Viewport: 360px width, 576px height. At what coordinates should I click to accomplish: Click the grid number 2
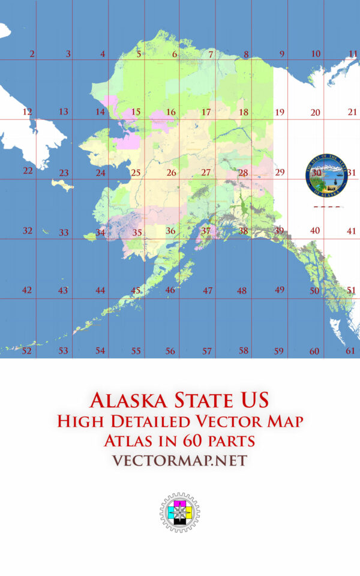(x=32, y=54)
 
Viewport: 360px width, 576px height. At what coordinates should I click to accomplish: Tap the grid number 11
(x=353, y=54)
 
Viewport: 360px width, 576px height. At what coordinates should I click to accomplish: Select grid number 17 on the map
(x=206, y=112)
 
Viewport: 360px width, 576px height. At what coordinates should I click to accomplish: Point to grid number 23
(x=64, y=173)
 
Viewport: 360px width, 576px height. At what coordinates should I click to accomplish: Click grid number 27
(x=206, y=172)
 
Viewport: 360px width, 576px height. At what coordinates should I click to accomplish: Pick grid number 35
(x=137, y=232)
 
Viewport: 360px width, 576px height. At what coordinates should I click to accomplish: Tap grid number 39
(x=279, y=230)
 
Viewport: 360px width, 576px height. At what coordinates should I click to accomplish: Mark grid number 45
(x=136, y=290)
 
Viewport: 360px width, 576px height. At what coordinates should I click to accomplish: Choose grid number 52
(x=26, y=351)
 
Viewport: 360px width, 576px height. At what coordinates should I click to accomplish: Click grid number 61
(x=351, y=351)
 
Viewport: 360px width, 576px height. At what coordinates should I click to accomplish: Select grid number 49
(x=280, y=289)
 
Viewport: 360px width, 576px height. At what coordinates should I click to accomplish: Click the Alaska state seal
(x=326, y=175)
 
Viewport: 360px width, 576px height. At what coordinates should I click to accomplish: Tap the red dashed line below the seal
(x=328, y=207)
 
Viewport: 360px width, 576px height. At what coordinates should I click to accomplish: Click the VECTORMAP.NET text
(x=179, y=460)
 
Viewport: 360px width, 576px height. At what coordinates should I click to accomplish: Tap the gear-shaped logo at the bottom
(x=179, y=514)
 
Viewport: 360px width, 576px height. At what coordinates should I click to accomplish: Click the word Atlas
(x=129, y=441)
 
